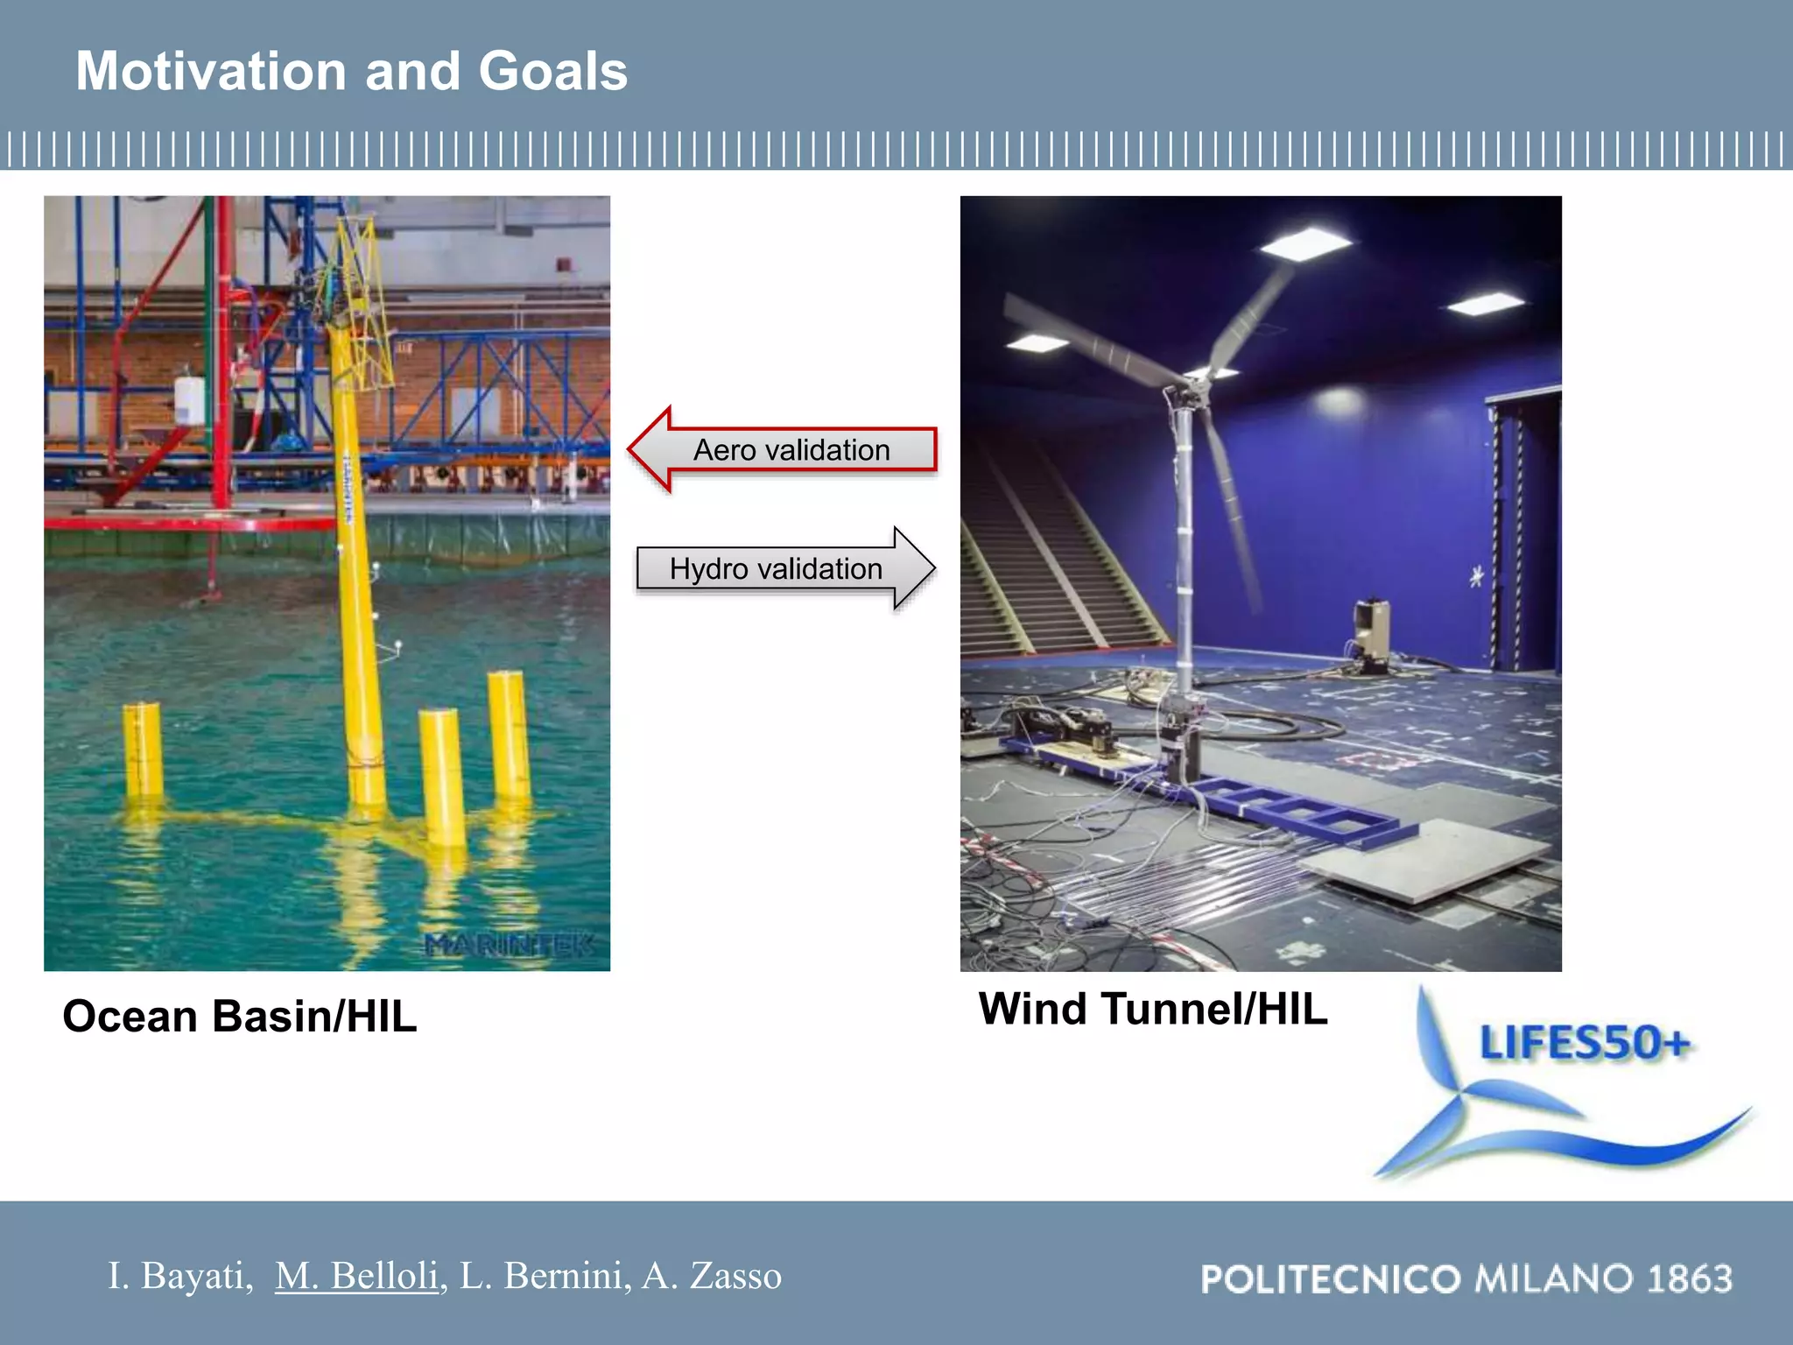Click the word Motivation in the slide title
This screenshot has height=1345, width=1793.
point(211,71)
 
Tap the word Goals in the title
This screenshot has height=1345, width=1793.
point(553,71)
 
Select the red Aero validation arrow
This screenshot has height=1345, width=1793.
point(783,449)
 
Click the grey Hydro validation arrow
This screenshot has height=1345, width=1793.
point(784,568)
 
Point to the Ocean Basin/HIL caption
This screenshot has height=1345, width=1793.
point(239,1017)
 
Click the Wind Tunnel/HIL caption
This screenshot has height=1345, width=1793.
point(1152,1009)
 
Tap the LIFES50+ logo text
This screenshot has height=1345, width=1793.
point(1584,1043)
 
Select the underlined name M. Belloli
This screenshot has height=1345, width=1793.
point(356,1276)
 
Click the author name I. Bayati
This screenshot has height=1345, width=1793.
point(179,1276)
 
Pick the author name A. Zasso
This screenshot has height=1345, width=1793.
point(711,1276)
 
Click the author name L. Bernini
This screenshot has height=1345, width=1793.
point(545,1276)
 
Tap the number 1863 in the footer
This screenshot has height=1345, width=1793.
point(1689,1279)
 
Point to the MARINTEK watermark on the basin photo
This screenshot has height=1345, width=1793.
point(509,946)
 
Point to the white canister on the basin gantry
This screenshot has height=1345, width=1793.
point(190,401)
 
